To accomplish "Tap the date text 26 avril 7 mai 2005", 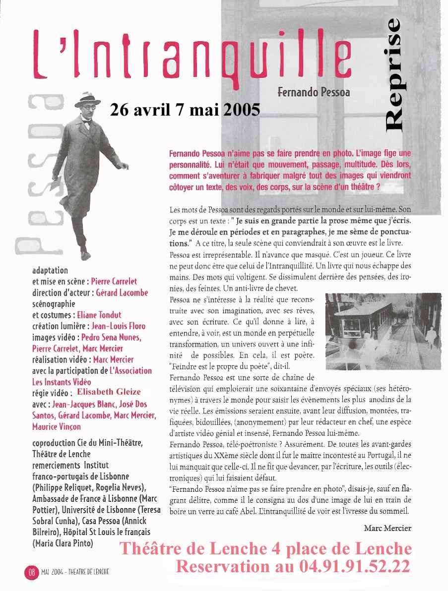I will click(185, 110).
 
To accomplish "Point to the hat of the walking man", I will click(88, 100).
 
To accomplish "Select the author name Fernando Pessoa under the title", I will click(314, 92).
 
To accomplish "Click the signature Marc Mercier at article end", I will click(387, 528).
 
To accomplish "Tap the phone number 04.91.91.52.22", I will click(354, 566).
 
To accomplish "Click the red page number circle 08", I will click(31, 572).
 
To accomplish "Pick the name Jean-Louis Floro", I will click(119, 326).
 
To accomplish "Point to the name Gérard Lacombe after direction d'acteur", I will click(122, 293).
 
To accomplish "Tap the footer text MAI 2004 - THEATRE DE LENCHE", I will click(75, 572).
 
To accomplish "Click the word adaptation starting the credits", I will click(50, 271).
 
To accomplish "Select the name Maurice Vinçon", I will click(57, 426).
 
